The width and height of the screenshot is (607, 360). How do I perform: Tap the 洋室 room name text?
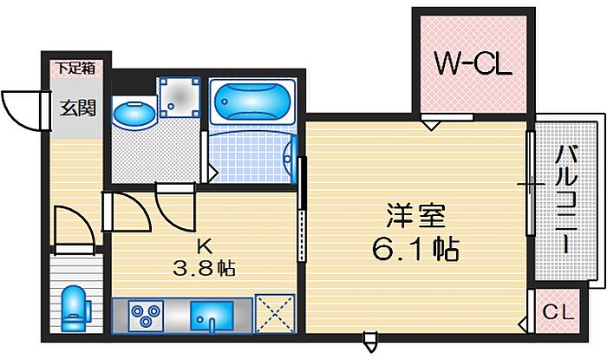click(416, 216)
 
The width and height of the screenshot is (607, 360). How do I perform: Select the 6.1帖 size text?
click(415, 249)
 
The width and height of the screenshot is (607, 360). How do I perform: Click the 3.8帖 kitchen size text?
click(204, 267)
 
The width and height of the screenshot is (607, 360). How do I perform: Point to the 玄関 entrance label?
click(77, 108)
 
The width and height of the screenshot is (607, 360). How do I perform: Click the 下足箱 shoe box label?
click(76, 69)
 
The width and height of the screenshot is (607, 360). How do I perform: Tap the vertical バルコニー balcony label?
click(566, 200)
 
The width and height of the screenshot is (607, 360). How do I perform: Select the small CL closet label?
click(558, 311)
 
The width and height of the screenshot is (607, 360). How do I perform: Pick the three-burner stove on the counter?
click(146, 315)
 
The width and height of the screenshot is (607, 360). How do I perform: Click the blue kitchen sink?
click(212, 316)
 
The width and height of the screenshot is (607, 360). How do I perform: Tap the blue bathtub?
click(252, 101)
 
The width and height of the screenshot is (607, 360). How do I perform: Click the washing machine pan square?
click(180, 97)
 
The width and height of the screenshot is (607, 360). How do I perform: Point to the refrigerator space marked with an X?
click(275, 313)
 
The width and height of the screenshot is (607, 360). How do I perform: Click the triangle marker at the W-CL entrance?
click(431, 126)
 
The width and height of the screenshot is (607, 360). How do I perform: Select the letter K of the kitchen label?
click(204, 246)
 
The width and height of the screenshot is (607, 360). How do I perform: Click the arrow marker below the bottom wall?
click(370, 342)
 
